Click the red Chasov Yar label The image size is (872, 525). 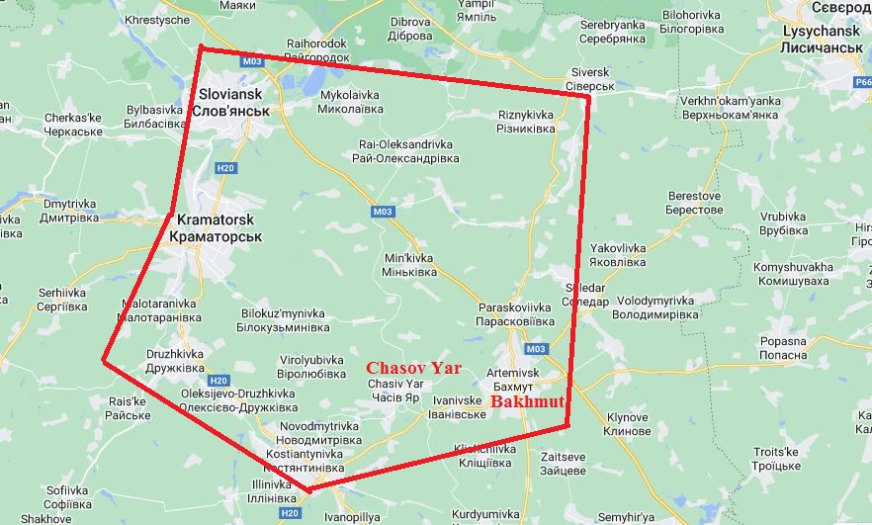[x=414, y=366]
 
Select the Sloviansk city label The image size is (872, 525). [x=233, y=102]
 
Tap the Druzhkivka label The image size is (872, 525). [x=174, y=361]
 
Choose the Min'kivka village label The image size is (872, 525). [x=408, y=264]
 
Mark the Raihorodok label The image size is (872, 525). [x=317, y=50]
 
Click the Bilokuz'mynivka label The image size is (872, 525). [x=284, y=319]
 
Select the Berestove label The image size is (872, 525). [x=696, y=203]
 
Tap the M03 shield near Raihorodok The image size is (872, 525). [x=252, y=61]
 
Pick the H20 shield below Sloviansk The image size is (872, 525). [x=225, y=169]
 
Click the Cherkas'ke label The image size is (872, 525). [x=72, y=125]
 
